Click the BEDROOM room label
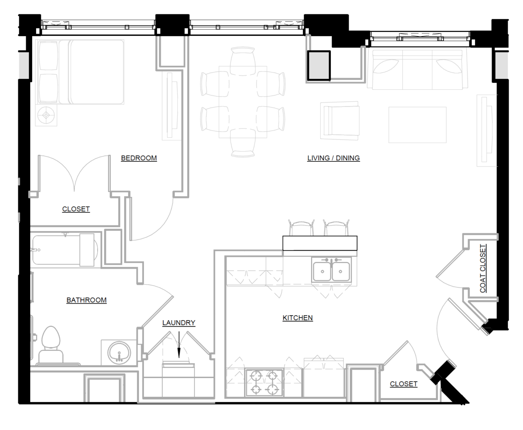139,158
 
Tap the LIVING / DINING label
333,158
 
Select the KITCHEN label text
298,318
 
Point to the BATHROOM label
86,300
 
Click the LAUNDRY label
179,323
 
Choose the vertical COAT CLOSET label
483,269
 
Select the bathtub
65,250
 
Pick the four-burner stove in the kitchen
264,382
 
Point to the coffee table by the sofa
417,125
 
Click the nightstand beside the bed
47,116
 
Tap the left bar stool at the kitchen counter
301,228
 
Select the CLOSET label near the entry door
404,384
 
